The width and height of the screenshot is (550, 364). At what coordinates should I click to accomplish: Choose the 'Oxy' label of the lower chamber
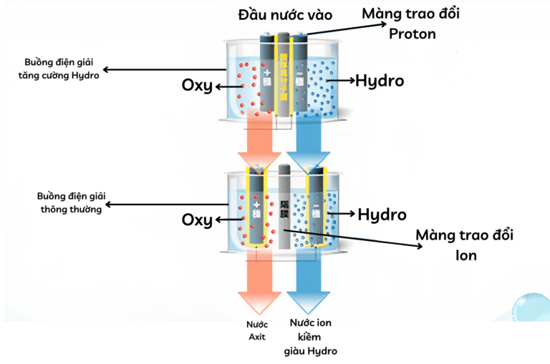(x=196, y=219)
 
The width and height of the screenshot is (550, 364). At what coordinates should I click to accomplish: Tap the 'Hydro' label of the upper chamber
(x=380, y=81)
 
